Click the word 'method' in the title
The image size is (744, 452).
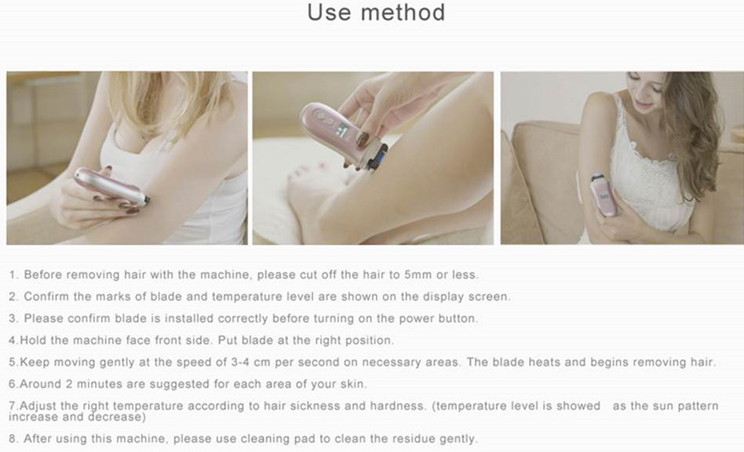tap(403, 13)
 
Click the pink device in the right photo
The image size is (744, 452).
tap(604, 195)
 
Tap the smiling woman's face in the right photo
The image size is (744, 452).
tap(646, 93)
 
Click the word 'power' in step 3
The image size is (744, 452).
tap(416, 319)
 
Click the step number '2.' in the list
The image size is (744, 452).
tap(13, 297)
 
